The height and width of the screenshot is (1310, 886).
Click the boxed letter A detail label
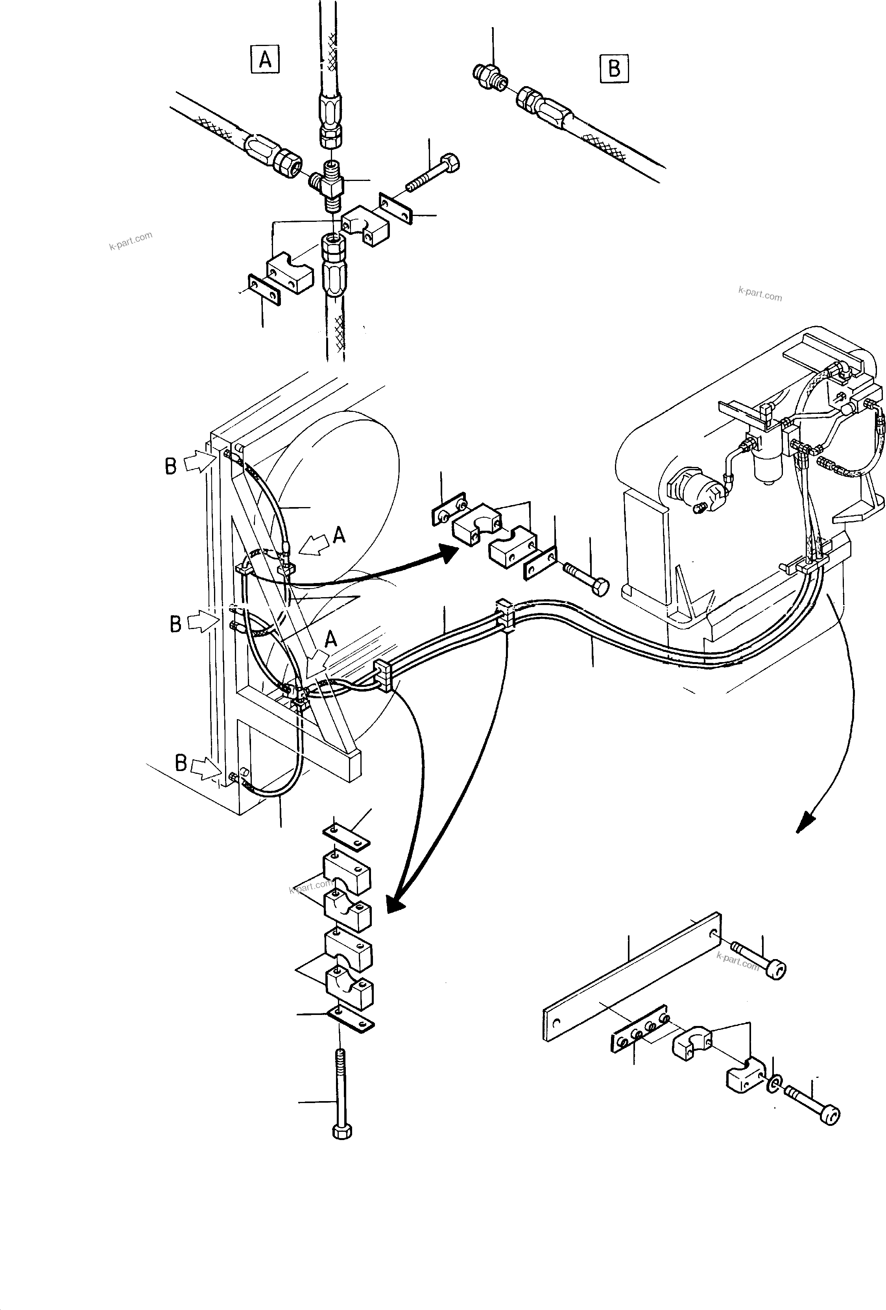[x=265, y=59]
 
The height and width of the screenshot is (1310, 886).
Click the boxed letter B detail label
[x=614, y=69]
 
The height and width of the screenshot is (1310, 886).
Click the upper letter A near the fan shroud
[x=339, y=534]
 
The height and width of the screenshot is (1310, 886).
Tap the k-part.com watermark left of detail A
[x=131, y=241]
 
